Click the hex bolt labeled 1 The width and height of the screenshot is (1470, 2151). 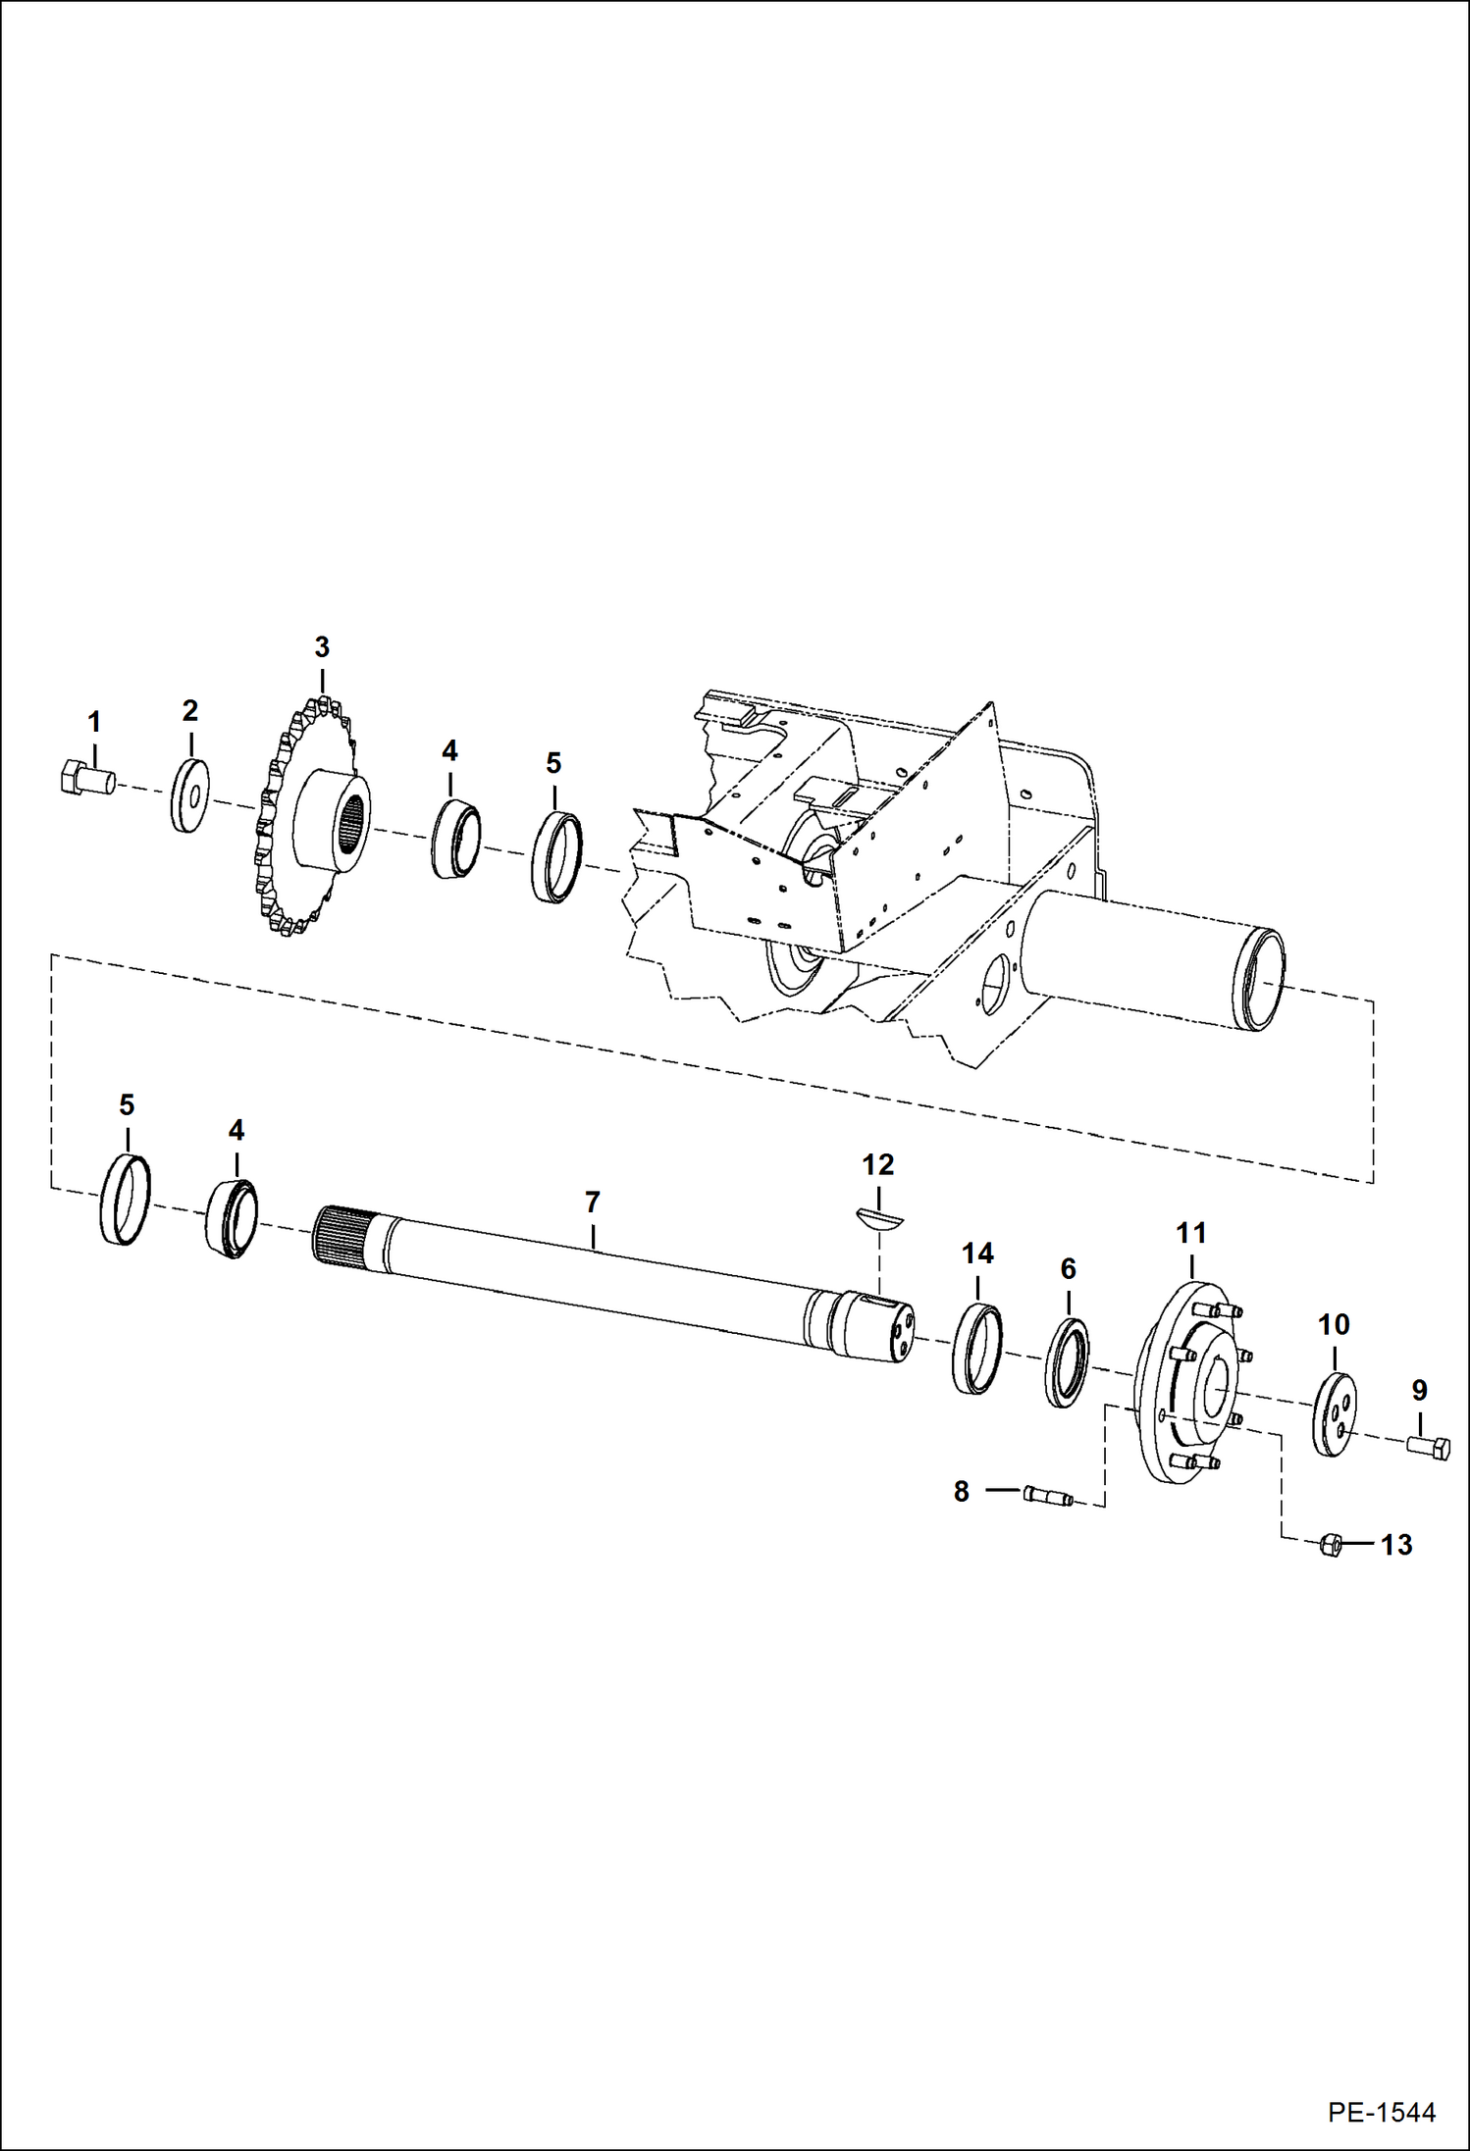(84, 779)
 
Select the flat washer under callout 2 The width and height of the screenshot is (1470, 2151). (189, 795)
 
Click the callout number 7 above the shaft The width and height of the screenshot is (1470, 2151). (592, 1202)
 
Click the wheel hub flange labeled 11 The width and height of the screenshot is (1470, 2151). (1187, 1382)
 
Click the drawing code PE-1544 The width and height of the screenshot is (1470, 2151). (1382, 2112)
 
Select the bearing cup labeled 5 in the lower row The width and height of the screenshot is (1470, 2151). (126, 1200)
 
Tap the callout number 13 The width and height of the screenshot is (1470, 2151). (1395, 1545)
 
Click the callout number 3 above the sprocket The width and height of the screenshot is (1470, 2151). (322, 647)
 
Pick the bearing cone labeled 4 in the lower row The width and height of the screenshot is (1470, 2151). (234, 1219)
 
